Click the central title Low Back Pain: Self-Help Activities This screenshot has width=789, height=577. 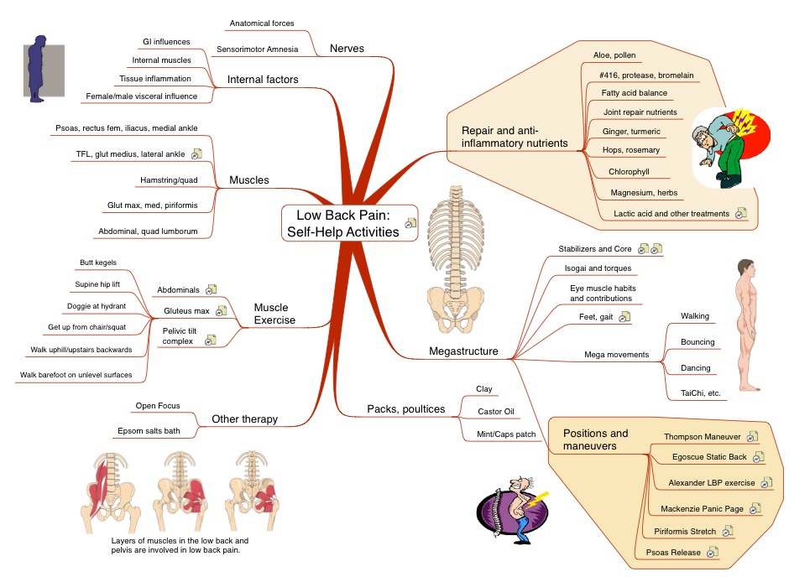tap(342, 223)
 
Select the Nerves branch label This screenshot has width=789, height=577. tap(347, 49)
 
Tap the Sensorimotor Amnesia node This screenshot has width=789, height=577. tap(257, 49)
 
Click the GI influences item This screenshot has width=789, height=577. tap(165, 41)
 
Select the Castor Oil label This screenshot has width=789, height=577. tap(495, 412)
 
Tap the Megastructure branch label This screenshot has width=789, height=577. tap(463, 351)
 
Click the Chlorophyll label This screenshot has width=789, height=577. tap(629, 172)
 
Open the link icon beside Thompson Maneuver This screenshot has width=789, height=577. tap(752, 437)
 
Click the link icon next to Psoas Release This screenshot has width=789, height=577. tap(713, 552)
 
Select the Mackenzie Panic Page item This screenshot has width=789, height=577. tap(699, 508)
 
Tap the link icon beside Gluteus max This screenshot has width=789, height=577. tap(221, 311)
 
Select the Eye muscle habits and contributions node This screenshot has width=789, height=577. tap(602, 293)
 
